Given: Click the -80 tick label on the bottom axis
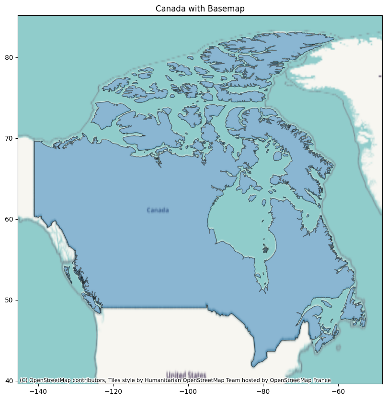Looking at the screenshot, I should click(x=263, y=391).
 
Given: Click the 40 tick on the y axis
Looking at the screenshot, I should click(x=10, y=381).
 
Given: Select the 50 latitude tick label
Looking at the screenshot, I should click(x=10, y=300).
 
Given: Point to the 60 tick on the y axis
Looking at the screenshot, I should click(x=10, y=219).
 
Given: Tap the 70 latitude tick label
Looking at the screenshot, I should click(x=10, y=138).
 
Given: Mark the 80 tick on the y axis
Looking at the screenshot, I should click(x=10, y=57).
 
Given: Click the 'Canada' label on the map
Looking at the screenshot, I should click(x=158, y=210).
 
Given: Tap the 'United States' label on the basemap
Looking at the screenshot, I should click(x=186, y=374).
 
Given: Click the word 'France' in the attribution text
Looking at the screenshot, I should click(x=321, y=380).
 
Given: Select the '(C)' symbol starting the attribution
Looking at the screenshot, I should click(x=23, y=380).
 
